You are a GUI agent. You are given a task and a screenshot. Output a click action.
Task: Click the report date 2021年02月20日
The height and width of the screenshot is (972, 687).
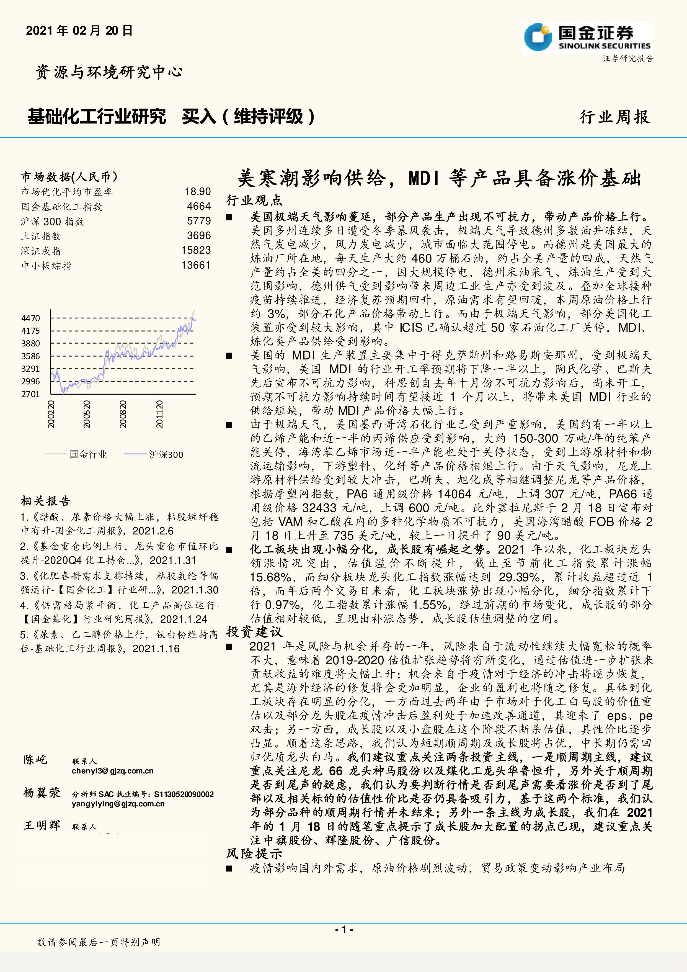(79, 30)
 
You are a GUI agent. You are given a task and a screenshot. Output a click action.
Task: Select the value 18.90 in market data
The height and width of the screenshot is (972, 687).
(198, 192)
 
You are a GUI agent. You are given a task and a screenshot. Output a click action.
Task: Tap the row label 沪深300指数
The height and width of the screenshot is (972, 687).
(53, 222)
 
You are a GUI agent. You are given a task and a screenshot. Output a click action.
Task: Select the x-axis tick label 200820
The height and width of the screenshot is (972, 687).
(123, 414)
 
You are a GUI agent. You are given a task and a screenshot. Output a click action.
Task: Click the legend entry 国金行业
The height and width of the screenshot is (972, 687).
(88, 454)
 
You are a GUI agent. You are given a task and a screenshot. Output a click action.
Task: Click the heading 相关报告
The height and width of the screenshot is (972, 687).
(46, 501)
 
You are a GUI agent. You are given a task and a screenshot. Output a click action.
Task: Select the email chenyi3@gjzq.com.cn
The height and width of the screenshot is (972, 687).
(113, 771)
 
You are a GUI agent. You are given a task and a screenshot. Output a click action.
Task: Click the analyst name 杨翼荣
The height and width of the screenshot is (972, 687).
(42, 793)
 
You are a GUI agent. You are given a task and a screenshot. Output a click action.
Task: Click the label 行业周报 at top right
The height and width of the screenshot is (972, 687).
(614, 117)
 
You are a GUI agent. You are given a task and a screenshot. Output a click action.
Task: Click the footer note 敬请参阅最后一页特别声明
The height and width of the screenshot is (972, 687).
(99, 942)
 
